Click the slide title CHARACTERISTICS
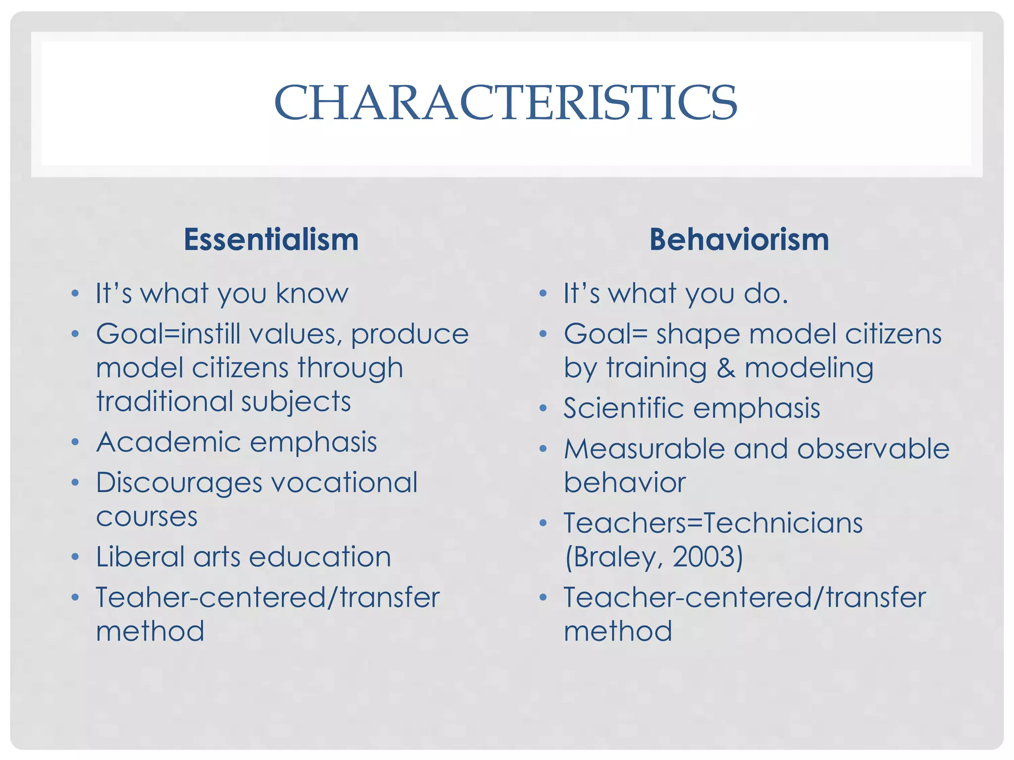(x=506, y=102)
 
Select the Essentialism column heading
(x=271, y=240)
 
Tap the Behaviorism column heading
(x=739, y=240)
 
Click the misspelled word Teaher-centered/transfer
(x=267, y=597)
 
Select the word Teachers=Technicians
(x=713, y=523)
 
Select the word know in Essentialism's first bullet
(x=312, y=294)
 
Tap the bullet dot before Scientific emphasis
(x=543, y=409)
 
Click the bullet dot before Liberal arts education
(x=75, y=557)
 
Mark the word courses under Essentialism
(x=147, y=517)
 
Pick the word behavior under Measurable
(x=625, y=483)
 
